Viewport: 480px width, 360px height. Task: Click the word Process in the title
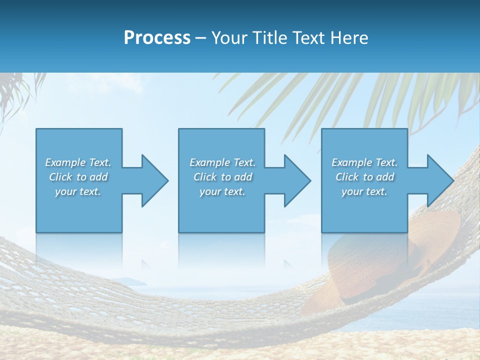(157, 38)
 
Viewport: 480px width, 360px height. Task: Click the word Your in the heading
(229, 38)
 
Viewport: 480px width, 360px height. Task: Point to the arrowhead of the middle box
(296, 180)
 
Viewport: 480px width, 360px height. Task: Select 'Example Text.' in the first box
(78, 162)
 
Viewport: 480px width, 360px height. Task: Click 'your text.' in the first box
(78, 191)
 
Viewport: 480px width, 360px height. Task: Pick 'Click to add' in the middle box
(222, 177)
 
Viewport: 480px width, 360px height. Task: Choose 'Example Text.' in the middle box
(222, 162)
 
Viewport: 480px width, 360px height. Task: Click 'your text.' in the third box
(364, 191)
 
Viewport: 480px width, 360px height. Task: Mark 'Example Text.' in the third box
(364, 162)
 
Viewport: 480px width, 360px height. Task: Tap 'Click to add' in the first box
(78, 177)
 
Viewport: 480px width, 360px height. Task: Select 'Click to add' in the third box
(364, 177)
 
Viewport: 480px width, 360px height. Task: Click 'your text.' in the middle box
(222, 191)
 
